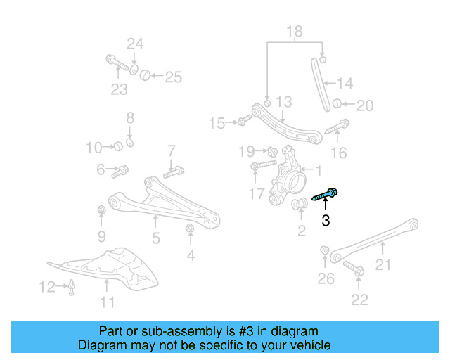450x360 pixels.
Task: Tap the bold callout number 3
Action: pos(325,221)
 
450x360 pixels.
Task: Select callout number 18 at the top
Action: pos(294,31)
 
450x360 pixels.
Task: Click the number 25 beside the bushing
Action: pos(173,77)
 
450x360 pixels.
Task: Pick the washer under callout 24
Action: pos(134,70)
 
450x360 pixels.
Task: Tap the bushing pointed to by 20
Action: pos(337,105)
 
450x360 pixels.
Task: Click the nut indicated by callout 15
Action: pos(241,123)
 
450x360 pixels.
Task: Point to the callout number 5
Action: pos(155,238)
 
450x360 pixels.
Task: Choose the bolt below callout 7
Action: pos(174,170)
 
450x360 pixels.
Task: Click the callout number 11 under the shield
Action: pos(107,303)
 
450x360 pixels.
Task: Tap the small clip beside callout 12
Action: pos(72,286)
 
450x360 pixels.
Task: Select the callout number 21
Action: pos(382,264)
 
